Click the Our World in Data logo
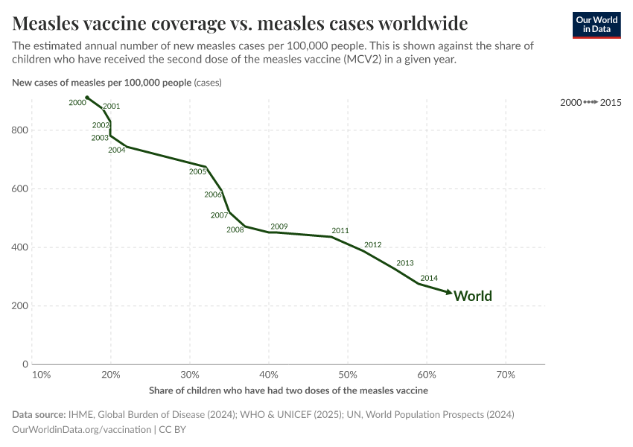point(596,25)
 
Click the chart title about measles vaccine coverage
point(240,22)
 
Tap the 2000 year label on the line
point(77,103)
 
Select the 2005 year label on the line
point(197,172)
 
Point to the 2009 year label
point(279,226)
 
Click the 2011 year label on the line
point(340,231)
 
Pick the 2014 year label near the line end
point(429,279)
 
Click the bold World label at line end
point(473,297)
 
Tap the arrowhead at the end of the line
point(449,293)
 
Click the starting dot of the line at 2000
point(87,98)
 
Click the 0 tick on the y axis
point(25,364)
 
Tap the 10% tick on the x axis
point(42,374)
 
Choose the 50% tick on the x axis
point(348,374)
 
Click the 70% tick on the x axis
point(506,374)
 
